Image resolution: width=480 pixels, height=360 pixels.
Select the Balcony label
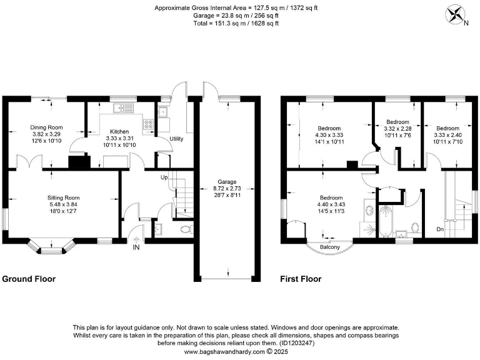point(329,247)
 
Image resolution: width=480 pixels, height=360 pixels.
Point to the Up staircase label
point(164,177)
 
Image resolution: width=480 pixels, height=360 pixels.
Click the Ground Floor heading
point(29,279)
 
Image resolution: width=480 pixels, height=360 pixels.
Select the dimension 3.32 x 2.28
point(397,128)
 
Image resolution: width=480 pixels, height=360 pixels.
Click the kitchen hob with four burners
point(150,124)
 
